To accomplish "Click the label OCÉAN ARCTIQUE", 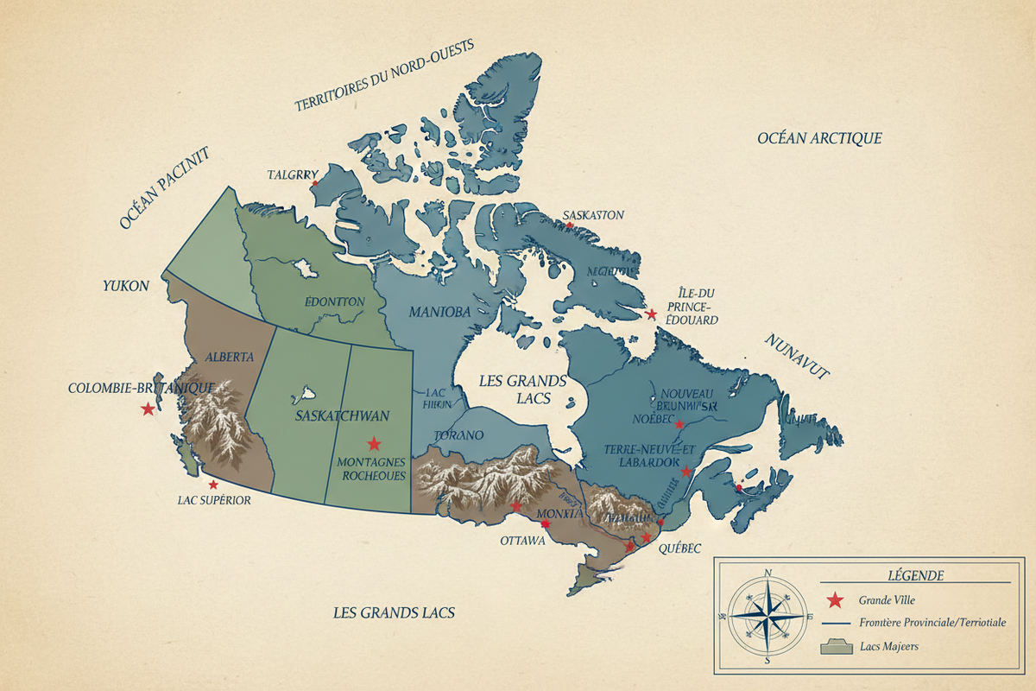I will click(819, 138).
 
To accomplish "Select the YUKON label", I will click(126, 286).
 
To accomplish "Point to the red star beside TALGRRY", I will click(315, 183).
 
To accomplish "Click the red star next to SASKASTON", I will click(569, 226).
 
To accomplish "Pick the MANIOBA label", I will click(439, 312).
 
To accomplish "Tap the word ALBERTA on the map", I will click(229, 356).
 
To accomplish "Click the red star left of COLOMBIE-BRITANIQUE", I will click(148, 409).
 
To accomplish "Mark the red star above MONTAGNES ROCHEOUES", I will click(374, 444).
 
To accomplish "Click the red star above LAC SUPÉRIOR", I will click(213, 485).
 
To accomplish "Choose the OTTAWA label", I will click(522, 542).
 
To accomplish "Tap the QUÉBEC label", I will click(678, 548).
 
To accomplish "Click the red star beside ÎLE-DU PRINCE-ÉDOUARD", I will click(652, 314).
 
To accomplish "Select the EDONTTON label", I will click(335, 301).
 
